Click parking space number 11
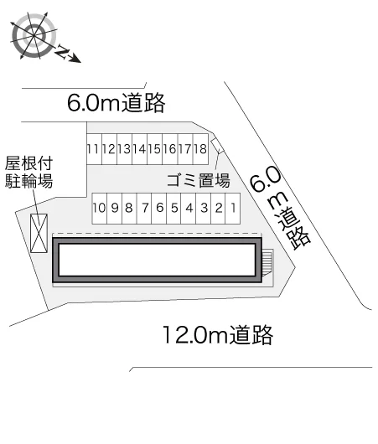pos(94,149)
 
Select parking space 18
pos(200,149)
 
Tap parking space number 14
pos(140,149)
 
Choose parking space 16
pos(170,149)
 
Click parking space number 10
pos(100,209)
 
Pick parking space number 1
pos(233,209)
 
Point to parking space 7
pos(144,209)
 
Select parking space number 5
pos(174,209)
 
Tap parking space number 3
pos(204,209)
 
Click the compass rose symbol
pos(34,36)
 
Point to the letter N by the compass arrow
pos(63,52)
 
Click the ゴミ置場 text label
pos(199,180)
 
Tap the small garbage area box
pos(217,146)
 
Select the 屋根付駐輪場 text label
pos(28,172)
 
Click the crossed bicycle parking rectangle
pos(39,233)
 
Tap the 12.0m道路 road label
pos(218,335)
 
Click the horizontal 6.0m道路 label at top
pos(117,103)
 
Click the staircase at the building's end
pos(267,262)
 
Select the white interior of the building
pos(158,260)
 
